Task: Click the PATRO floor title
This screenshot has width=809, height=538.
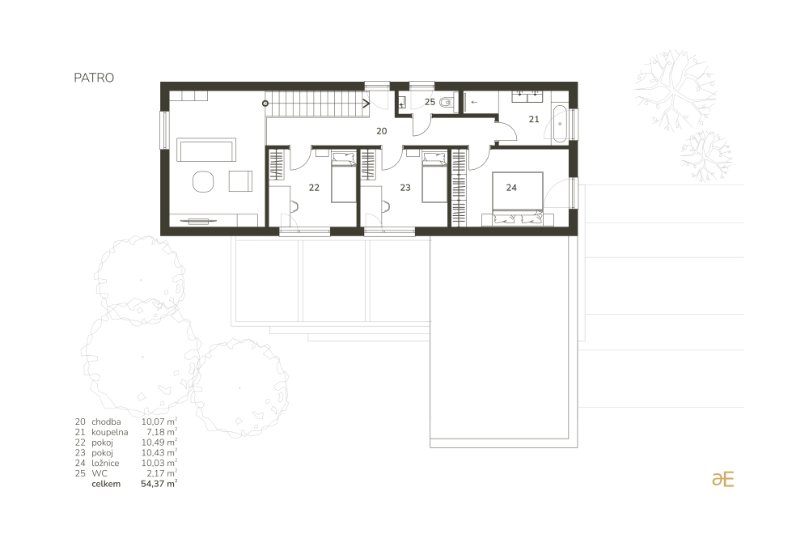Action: pyautogui.click(x=94, y=78)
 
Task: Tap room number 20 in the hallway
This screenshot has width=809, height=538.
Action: pyautogui.click(x=382, y=131)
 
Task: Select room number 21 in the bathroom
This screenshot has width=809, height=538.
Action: pyautogui.click(x=534, y=119)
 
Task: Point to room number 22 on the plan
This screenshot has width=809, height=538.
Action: pyautogui.click(x=314, y=188)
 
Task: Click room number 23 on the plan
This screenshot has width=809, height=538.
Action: pyautogui.click(x=405, y=188)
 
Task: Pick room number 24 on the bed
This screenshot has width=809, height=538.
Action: pyautogui.click(x=511, y=188)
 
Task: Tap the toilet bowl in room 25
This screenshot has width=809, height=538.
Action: pyautogui.click(x=447, y=103)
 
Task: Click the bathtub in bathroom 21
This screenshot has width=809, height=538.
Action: pyautogui.click(x=560, y=124)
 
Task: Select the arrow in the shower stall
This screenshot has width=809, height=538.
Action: pyautogui.click(x=474, y=102)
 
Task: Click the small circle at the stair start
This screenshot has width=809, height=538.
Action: pyautogui.click(x=265, y=104)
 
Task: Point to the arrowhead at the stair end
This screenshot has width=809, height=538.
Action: pyautogui.click(x=366, y=104)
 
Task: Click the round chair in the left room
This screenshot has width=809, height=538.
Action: pyautogui.click(x=203, y=181)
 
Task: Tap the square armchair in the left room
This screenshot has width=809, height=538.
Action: pyautogui.click(x=240, y=181)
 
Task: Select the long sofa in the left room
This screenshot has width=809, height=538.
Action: pyautogui.click(x=206, y=150)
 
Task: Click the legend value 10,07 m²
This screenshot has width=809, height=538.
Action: pyautogui.click(x=159, y=422)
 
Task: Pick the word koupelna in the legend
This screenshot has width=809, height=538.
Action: pyautogui.click(x=110, y=432)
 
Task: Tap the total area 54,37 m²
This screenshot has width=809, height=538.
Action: pyautogui.click(x=159, y=484)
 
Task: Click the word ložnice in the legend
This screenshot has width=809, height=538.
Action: pyautogui.click(x=105, y=464)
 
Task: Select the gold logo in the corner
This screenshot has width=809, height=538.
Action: pyautogui.click(x=722, y=479)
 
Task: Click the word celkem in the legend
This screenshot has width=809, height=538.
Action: pyautogui.click(x=106, y=484)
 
